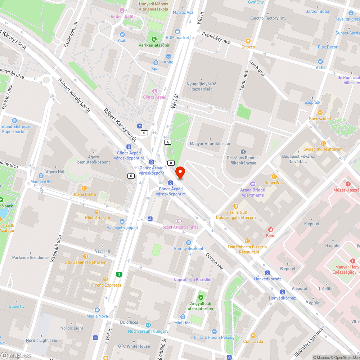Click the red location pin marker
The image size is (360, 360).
click(180, 172)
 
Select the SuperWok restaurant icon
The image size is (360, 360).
click(274, 177)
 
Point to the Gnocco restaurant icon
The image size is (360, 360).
click(248, 41)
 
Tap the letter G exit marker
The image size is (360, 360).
click(145, 133)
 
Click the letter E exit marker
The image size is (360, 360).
click(131, 176)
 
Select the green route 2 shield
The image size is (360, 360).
click(118, 275)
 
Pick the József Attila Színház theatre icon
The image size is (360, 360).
click(179, 221)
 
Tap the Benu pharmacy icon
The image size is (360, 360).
click(270, 230)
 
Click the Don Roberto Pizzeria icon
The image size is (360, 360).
click(247, 241)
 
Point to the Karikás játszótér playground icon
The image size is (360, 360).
click(154, 39)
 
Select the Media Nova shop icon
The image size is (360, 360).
click(97, 310)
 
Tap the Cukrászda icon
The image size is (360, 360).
click(252, 335)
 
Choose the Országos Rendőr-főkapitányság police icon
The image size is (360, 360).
click(243, 152)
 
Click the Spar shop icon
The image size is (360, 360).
click(156, 63)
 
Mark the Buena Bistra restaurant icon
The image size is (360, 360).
click(84, 188)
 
